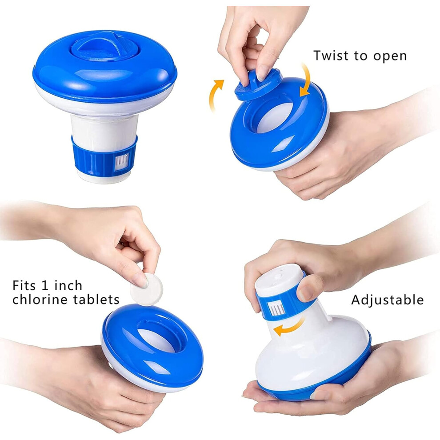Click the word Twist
pyautogui.click(x=331, y=56)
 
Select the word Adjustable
pyautogui.click(x=387, y=300)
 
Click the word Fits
pyautogui.click(x=24, y=286)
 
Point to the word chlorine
pyautogui.click(x=40, y=300)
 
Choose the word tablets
pyautogui.click(x=96, y=300)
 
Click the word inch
pyautogui.click(x=68, y=286)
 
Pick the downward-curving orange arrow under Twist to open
pyautogui.click(x=306, y=80)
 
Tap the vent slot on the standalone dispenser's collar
pyautogui.click(x=121, y=162)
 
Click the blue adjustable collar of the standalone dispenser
pyautogui.click(x=104, y=157)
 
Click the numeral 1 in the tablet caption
pyautogui.click(x=45, y=286)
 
